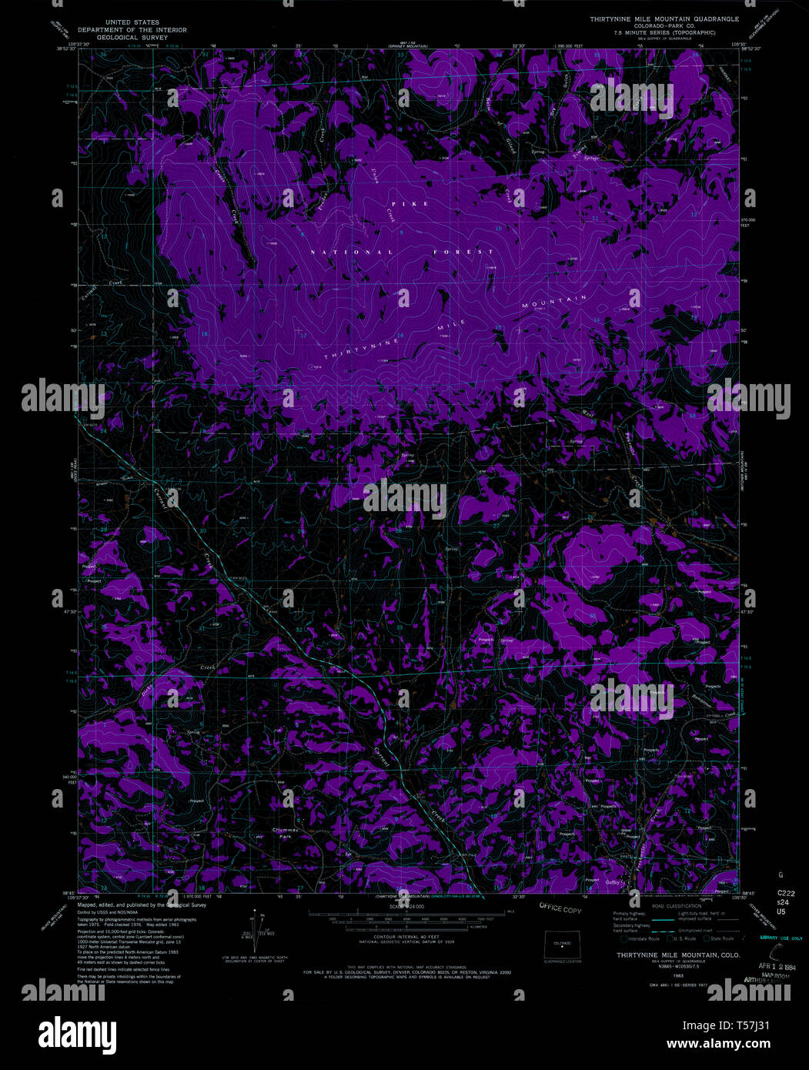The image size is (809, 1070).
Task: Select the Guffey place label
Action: pos(613,882)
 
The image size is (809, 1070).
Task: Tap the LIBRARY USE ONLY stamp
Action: pos(781,938)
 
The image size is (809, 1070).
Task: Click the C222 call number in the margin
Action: pos(781,894)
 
